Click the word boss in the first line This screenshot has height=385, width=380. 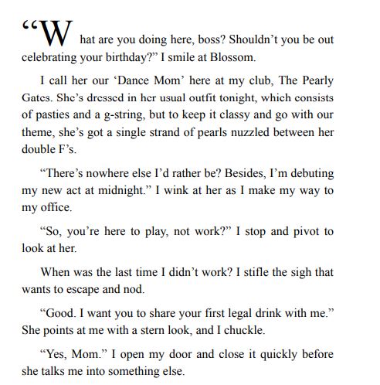pos(208,38)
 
